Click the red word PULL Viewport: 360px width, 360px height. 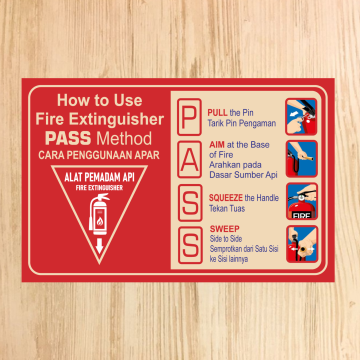tap(217, 112)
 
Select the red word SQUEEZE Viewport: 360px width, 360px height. tap(226, 198)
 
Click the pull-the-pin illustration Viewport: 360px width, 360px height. tap(301, 116)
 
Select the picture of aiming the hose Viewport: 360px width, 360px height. tap(301, 158)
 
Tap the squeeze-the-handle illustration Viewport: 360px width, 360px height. tap(301, 201)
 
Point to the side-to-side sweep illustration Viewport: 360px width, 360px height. tap(301, 243)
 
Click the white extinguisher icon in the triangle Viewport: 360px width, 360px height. tap(98, 215)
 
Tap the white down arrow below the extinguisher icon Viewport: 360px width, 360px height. tap(99, 245)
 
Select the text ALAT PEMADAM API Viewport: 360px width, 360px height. tap(99, 177)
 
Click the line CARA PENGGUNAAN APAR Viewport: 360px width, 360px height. tap(99, 155)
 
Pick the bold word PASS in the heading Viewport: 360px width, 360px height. tap(68, 137)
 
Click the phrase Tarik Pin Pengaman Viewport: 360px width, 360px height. tap(241, 123)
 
